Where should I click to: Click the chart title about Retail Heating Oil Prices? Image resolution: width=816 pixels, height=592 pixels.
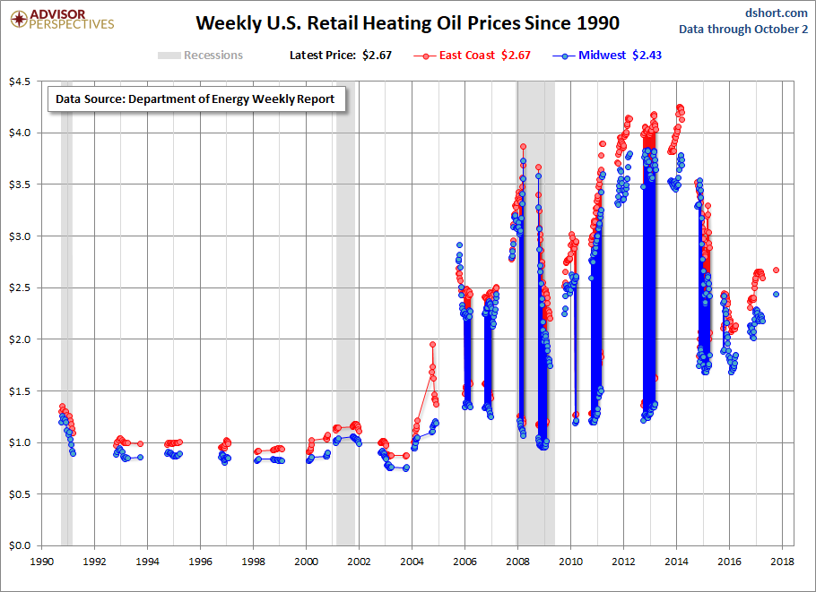tap(407, 21)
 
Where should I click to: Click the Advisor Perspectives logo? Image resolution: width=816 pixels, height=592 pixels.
tap(60, 19)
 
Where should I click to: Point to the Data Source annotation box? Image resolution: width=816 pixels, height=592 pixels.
tap(195, 99)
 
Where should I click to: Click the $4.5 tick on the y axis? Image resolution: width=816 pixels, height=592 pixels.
tap(20, 82)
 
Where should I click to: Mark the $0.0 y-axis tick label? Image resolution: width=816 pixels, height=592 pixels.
tap(20, 545)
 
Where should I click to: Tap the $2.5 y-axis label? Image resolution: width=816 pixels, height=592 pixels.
tap(20, 287)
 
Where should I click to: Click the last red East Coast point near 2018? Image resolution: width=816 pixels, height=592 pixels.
tap(777, 270)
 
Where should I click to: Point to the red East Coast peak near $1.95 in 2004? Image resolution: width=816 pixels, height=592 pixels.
tap(432, 344)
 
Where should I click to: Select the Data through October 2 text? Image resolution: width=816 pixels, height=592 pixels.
tap(742, 29)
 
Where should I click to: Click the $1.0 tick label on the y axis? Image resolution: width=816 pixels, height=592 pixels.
tap(20, 442)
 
